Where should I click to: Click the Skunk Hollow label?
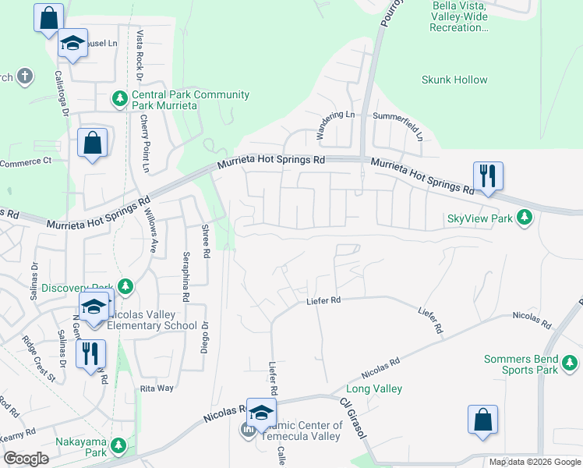[x=454, y=80]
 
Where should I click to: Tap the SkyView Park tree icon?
[x=526, y=218]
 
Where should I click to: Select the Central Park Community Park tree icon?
[x=119, y=98]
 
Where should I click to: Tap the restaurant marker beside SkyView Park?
[x=488, y=176]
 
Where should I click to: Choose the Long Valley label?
[x=374, y=388]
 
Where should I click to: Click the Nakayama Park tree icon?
[x=118, y=445]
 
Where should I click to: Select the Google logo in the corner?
[x=26, y=459]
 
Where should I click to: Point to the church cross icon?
[x=25, y=76]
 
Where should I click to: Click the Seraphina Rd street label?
[x=185, y=277]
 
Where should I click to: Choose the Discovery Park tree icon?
[x=125, y=287]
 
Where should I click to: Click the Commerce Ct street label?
[x=25, y=161]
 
